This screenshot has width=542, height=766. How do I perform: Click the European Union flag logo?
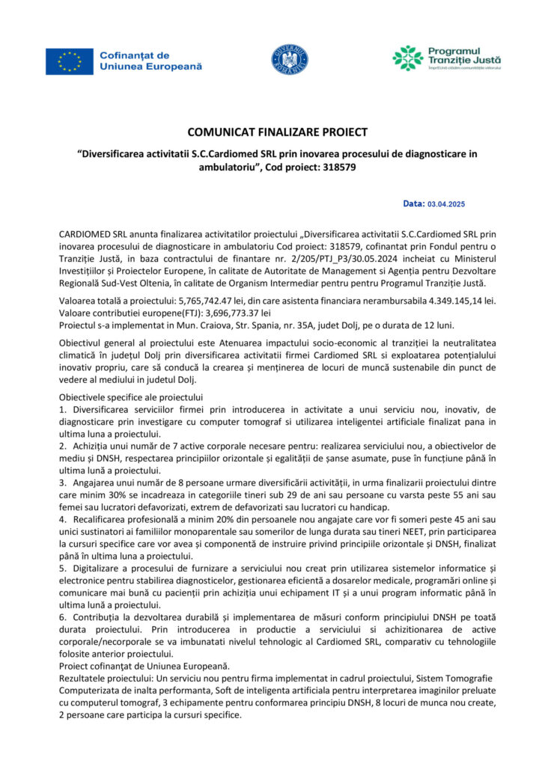coord(69,61)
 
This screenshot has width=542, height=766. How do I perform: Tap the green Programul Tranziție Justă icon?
coord(408,58)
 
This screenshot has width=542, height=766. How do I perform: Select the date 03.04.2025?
coord(446,203)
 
